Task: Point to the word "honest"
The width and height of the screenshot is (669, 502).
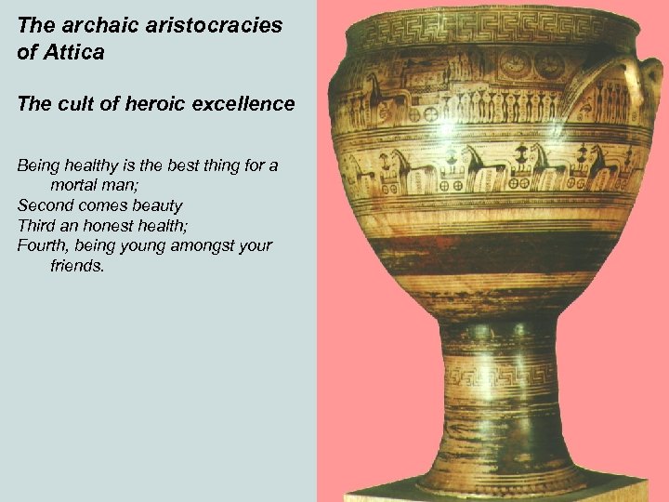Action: pos(112,226)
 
